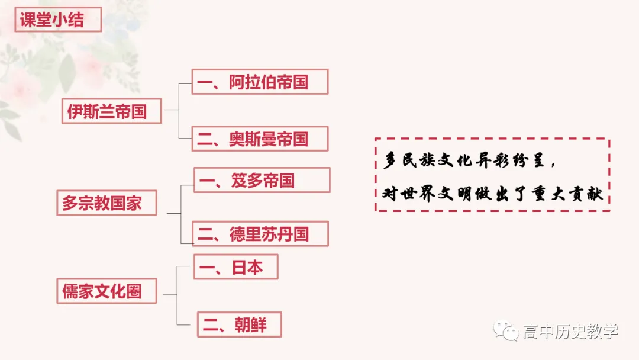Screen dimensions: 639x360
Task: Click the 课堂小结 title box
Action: pyautogui.click(x=58, y=20)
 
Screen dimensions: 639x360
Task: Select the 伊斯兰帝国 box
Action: pyautogui.click(x=111, y=111)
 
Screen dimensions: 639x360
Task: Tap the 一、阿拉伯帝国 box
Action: pyautogui.click(x=260, y=82)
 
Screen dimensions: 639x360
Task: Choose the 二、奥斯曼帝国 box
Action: pyautogui.click(x=260, y=139)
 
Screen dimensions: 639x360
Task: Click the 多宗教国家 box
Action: pyautogui.click(x=106, y=202)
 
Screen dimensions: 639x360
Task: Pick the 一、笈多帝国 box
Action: pyautogui.click(x=262, y=180)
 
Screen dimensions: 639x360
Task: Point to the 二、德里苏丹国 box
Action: pyautogui.click(x=260, y=234)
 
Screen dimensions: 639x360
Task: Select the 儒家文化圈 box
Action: pyautogui.click(x=106, y=291)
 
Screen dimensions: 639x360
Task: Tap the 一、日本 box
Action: pyautogui.click(x=235, y=267)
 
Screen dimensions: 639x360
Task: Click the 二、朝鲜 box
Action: pyautogui.click(x=239, y=324)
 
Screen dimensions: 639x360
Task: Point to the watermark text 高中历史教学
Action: pyautogui.click(x=570, y=332)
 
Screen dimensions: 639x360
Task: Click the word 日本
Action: pyautogui.click(x=247, y=267)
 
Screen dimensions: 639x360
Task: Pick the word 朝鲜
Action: pyautogui.click(x=251, y=324)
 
